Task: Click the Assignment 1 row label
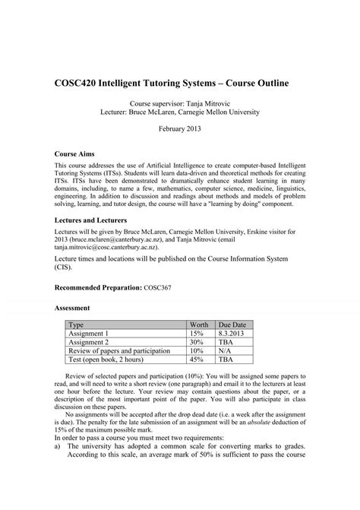[x=89, y=333]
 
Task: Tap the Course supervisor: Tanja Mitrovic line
[x=180, y=100]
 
